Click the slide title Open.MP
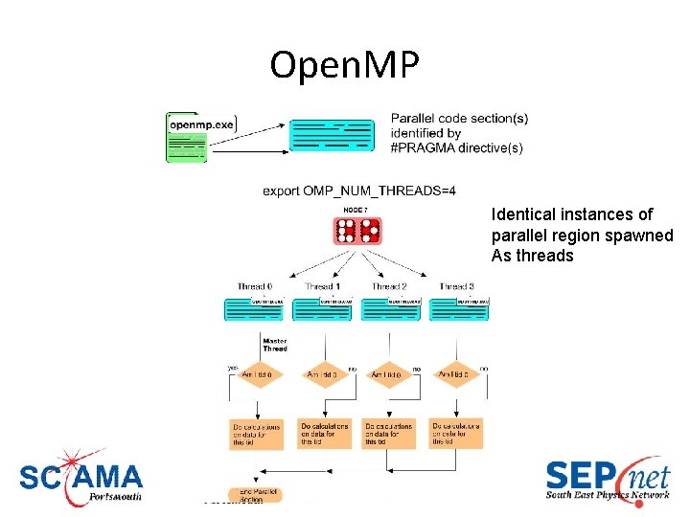click(345, 65)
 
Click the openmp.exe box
click(200, 124)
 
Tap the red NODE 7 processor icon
click(357, 231)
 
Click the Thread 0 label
click(255, 286)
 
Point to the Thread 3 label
click(456, 286)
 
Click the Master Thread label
click(274, 345)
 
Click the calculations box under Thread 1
click(324, 433)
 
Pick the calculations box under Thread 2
click(388, 433)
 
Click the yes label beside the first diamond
click(232, 367)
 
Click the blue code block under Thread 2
click(391, 308)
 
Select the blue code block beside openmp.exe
click(332, 136)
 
